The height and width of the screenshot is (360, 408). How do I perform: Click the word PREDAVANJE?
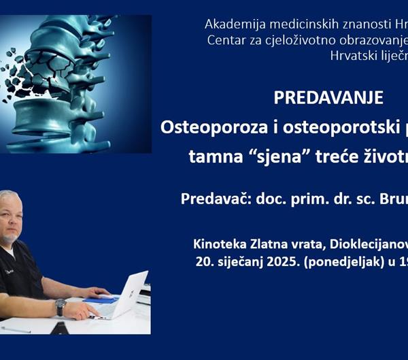coord(328,97)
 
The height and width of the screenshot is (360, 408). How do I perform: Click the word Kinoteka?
coord(222,243)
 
